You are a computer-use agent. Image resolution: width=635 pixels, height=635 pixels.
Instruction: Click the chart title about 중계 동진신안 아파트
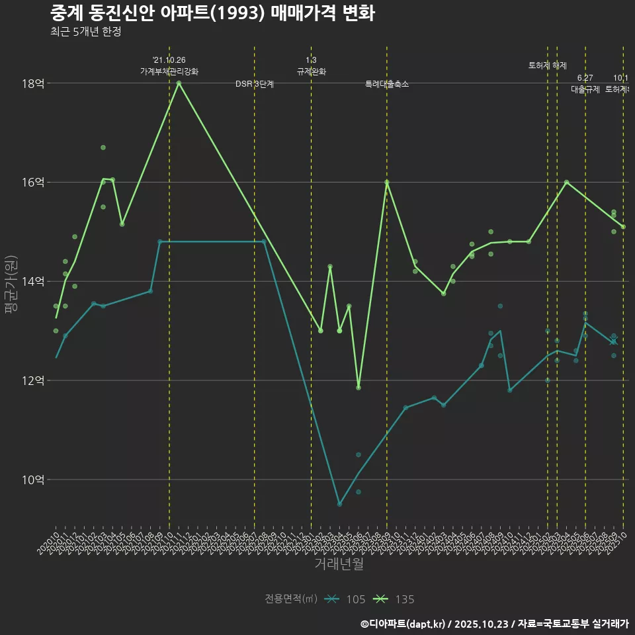pos(212,13)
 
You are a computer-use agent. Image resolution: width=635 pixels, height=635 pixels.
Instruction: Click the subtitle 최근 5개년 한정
pos(85,31)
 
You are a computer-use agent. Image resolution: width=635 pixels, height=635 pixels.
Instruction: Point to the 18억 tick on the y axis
pos(32,83)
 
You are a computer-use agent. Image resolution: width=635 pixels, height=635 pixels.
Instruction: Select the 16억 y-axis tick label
pos(32,183)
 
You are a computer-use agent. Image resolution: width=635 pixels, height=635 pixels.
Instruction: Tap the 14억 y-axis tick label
pos(32,282)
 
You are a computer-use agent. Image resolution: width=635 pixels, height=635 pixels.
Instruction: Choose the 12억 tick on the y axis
pos(32,381)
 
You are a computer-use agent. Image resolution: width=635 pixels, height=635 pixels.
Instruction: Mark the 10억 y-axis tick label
pos(32,480)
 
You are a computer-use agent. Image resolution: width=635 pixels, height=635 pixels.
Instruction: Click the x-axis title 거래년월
pos(339,564)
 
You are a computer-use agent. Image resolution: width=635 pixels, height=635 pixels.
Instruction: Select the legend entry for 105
pos(345,599)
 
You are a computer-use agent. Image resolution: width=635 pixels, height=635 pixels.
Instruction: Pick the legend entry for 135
pos(394,599)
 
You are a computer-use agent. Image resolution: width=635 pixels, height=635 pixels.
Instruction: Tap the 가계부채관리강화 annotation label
pos(169,71)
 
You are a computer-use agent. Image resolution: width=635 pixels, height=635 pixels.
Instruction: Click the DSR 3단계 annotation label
pos(255,84)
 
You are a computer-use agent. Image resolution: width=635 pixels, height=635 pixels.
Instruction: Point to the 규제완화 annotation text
pos(311,71)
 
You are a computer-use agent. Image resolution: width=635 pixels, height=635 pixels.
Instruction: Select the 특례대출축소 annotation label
pos(387,84)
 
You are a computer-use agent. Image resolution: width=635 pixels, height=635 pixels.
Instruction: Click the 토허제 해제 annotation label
pos(548,65)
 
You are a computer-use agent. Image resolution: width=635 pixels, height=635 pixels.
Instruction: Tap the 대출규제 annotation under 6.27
pos(585,89)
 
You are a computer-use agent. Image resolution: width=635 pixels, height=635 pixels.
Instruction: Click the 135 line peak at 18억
pos(179,83)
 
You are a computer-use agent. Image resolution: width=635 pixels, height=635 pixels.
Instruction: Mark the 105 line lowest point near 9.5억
pos(339,504)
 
